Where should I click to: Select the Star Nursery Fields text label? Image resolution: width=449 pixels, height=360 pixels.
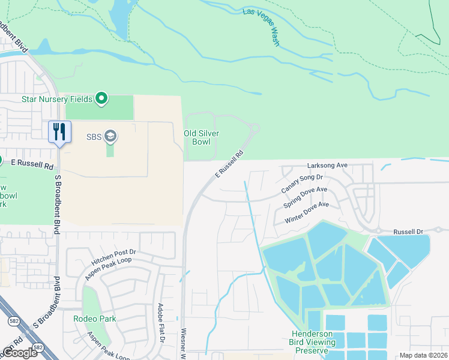tap(57, 99)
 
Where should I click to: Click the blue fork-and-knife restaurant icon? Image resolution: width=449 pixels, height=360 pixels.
tap(59, 131)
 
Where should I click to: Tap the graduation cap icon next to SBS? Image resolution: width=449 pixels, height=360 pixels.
tap(110, 137)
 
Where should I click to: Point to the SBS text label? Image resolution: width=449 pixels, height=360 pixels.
tap(94, 137)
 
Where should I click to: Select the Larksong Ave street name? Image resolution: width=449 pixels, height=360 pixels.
tap(328, 165)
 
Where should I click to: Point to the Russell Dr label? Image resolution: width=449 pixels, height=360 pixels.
tap(408, 232)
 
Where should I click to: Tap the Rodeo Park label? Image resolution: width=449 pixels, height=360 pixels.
tap(95, 319)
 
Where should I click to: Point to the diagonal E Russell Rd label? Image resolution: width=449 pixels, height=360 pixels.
tap(230, 163)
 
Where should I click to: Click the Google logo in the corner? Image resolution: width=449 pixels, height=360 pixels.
tap(20, 353)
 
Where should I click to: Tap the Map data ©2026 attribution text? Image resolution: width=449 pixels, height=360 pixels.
tap(423, 355)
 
